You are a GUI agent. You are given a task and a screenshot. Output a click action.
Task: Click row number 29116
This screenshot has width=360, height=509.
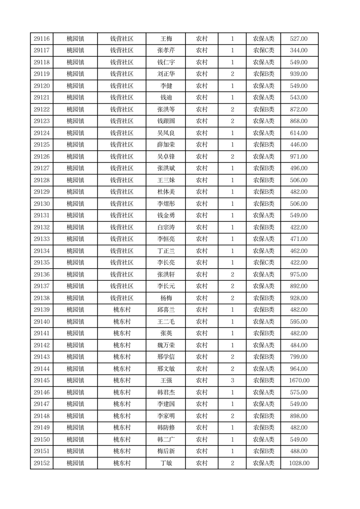point(42,39)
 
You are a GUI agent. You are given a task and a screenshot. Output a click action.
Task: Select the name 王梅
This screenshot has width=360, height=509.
point(166,39)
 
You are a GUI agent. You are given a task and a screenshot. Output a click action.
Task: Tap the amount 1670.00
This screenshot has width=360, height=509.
point(299,381)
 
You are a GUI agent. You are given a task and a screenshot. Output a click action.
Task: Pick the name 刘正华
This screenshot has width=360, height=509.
point(166,74)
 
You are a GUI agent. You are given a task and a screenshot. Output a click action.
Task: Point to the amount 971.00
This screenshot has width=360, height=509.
point(299,157)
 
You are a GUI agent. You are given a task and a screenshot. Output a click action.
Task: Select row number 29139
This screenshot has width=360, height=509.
point(42,310)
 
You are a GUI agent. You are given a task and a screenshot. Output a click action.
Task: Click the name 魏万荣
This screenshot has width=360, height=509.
point(166,345)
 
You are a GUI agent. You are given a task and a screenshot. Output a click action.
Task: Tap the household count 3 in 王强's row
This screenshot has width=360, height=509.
point(232,381)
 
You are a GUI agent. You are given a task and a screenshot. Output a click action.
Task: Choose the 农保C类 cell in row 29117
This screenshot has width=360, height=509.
point(263,51)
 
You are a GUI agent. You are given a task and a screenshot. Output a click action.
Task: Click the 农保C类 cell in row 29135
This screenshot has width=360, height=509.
point(263,263)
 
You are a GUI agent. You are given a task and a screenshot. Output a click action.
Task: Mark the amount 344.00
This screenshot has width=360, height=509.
point(299,51)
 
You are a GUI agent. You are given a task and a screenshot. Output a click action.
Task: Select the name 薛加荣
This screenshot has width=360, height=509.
point(166,145)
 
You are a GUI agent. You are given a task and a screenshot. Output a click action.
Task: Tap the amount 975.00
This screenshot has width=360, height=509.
point(299,274)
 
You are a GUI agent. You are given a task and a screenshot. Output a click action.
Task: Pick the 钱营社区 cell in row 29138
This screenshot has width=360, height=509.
point(122,298)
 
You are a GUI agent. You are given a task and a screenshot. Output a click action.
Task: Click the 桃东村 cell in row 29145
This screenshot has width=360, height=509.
point(122,381)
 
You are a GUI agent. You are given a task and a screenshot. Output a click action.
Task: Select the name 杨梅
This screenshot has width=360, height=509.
point(166,298)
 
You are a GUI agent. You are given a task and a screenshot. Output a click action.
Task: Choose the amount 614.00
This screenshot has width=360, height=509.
point(299,133)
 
